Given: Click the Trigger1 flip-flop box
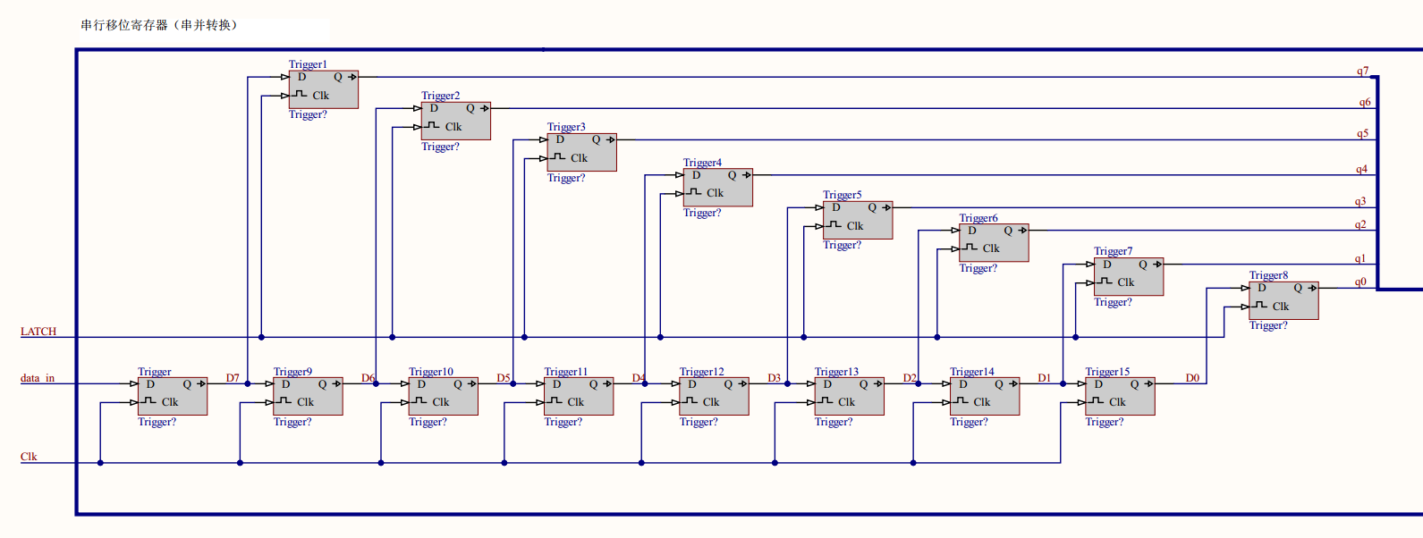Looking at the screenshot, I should pyautogui.click(x=323, y=89).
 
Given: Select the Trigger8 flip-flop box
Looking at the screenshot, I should pyautogui.click(x=1283, y=300).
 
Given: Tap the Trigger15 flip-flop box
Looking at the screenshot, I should pyautogui.click(x=1120, y=396).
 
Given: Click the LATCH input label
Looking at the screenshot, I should pyautogui.click(x=38, y=332).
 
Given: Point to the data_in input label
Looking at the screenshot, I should pyautogui.click(x=38, y=378).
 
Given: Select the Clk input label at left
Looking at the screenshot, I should pyautogui.click(x=29, y=457).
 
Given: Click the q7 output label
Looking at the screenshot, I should pyautogui.click(x=1362, y=71).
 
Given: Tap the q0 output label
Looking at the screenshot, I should pyautogui.click(x=1360, y=282).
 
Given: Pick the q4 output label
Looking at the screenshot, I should pyautogui.click(x=1361, y=169).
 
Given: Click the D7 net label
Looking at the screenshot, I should pyautogui.click(x=233, y=378).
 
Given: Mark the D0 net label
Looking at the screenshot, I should pyautogui.click(x=1192, y=378).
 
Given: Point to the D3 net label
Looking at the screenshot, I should pyautogui.click(x=774, y=378).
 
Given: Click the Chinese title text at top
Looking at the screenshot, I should pyautogui.click(x=159, y=25).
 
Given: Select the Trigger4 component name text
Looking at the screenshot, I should pyautogui.click(x=702, y=163).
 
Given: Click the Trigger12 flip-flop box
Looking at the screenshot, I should pyautogui.click(x=714, y=396).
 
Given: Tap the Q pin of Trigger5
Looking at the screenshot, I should pyautogui.click(x=872, y=207).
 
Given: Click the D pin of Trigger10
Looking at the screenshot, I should pyautogui.click(x=421, y=384).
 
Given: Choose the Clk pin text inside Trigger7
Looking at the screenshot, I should pyautogui.click(x=1125, y=282).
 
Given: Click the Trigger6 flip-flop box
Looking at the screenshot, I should pyautogui.click(x=994, y=243).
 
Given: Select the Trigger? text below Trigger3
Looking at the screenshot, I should pyautogui.click(x=566, y=178).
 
